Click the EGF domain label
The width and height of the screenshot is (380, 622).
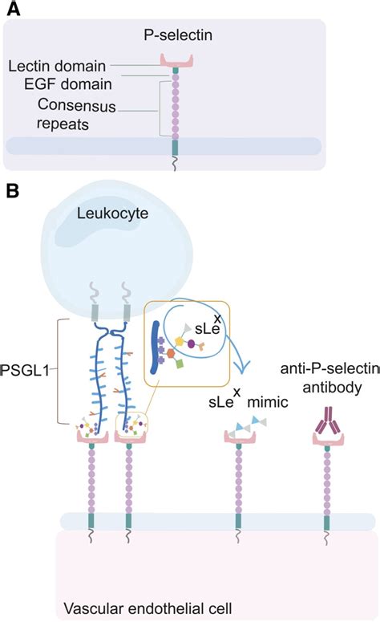click(67, 84)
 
